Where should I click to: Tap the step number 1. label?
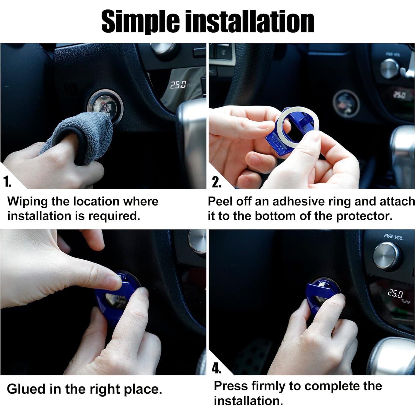click(7, 182)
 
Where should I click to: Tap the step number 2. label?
click(216, 182)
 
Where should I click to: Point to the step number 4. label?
click(216, 368)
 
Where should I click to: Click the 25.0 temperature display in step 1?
click(178, 85)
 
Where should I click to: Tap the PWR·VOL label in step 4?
click(393, 237)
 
